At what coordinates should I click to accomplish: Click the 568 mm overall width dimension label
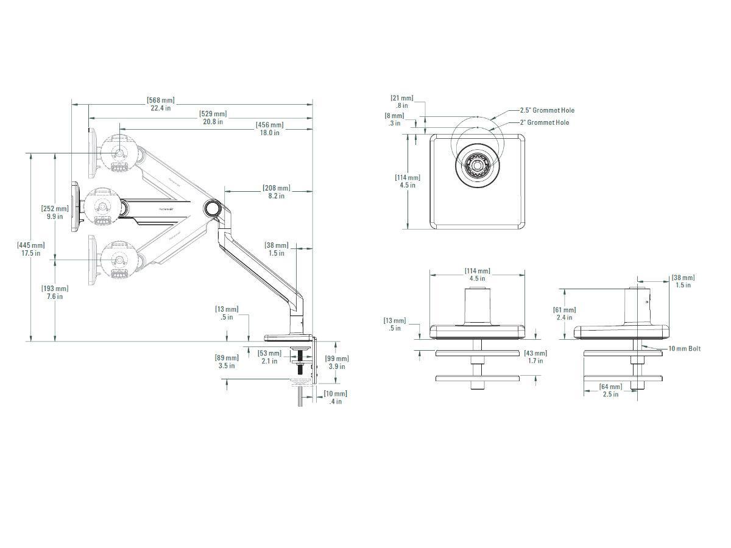(x=160, y=104)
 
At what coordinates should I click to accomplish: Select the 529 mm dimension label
(x=213, y=118)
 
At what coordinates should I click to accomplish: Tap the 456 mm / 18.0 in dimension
(x=269, y=128)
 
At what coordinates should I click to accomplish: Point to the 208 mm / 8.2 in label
(x=276, y=192)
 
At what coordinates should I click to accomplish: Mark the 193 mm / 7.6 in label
(x=55, y=292)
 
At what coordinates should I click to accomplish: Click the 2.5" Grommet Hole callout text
(x=546, y=110)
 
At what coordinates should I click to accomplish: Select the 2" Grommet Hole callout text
(x=544, y=122)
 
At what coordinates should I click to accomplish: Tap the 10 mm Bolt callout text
(x=684, y=349)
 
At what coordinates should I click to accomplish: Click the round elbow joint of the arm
(x=213, y=207)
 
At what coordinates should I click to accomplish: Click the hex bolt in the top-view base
(x=477, y=164)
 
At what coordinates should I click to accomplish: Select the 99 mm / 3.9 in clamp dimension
(x=337, y=362)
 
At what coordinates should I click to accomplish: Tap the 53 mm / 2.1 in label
(x=269, y=357)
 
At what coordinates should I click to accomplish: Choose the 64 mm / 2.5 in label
(x=610, y=390)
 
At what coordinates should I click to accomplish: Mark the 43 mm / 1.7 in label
(x=535, y=357)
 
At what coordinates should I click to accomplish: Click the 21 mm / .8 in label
(x=402, y=101)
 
